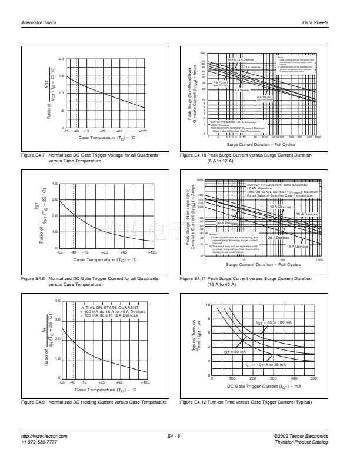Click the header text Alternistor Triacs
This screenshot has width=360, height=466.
click(x=39, y=23)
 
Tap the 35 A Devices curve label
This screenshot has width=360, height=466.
click(x=306, y=214)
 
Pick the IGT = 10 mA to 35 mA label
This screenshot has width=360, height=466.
click(x=265, y=365)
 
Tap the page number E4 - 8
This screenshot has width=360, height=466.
click(x=174, y=436)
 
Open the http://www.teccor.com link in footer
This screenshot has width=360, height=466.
click(x=44, y=436)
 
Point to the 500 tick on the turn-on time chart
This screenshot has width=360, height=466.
click(x=313, y=379)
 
